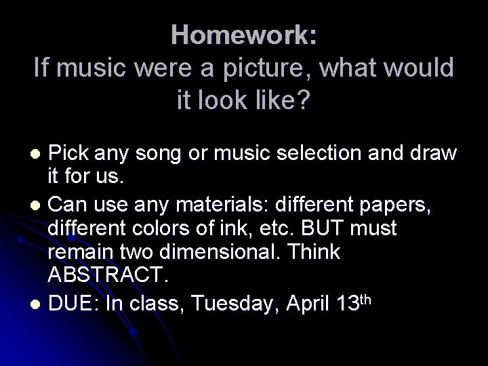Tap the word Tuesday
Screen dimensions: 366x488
(237, 305)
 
